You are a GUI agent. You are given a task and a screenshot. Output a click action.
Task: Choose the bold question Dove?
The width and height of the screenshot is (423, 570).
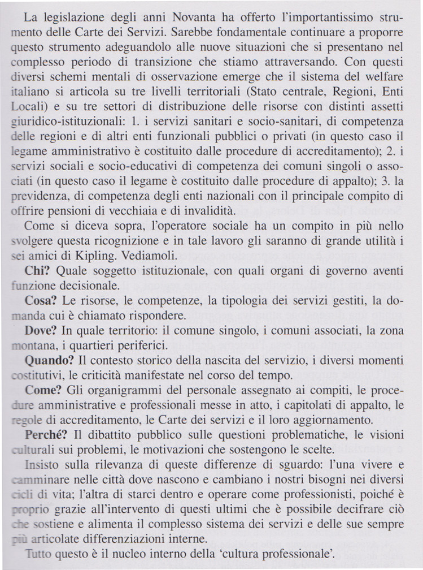(x=40, y=330)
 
